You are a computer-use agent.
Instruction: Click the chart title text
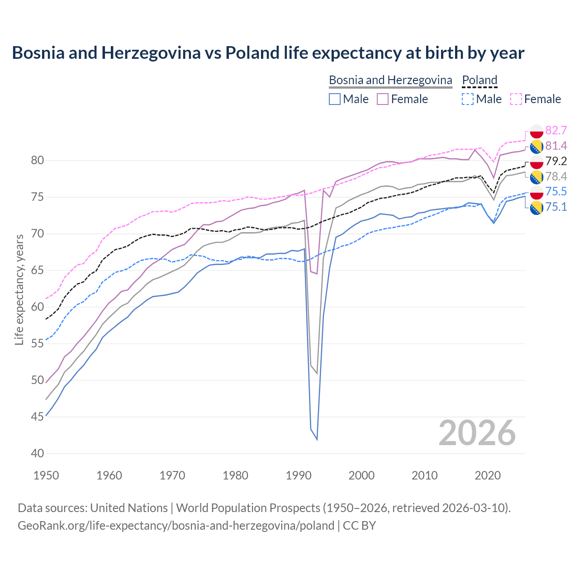268,53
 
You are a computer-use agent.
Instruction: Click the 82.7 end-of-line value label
556,130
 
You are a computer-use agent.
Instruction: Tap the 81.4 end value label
556,146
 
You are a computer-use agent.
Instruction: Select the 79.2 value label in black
556,161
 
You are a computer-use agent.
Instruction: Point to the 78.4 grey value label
556,176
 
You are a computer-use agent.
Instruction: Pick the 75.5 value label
556,191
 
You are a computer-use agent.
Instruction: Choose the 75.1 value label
556,207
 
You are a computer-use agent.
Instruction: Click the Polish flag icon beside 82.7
536,131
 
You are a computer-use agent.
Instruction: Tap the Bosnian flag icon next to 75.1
536,208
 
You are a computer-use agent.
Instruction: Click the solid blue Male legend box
335,99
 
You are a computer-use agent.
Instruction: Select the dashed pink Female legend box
516,99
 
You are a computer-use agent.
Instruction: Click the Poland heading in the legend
479,80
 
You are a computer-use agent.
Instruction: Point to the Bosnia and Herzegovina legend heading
390,80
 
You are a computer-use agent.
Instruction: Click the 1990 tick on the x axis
299,475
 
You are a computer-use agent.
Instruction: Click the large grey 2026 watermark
477,433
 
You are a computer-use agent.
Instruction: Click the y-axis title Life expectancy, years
19,289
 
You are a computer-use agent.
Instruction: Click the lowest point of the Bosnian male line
317,439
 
